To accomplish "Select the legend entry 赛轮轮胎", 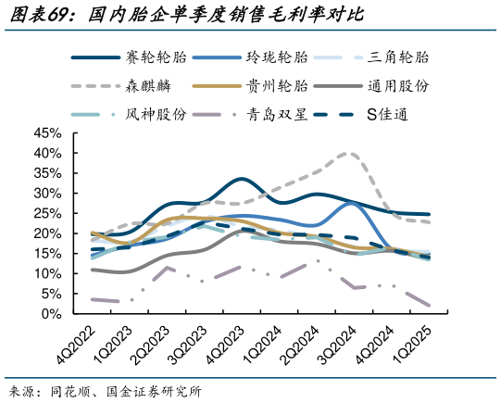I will point(156,57).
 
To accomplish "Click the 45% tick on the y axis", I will point(46,132).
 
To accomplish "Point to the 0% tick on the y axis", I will point(51,314).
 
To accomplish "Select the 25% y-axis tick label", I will point(46,213).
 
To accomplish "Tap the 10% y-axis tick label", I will point(46,273).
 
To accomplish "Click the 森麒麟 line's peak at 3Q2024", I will point(348,154).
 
